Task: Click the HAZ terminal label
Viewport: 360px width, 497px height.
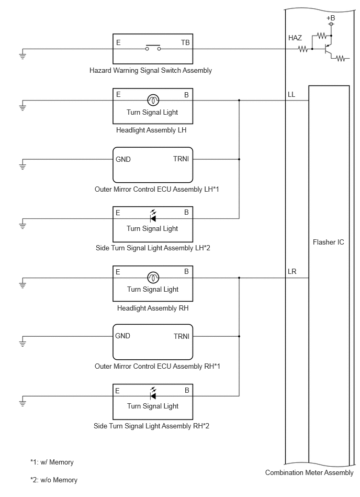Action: pos(295,38)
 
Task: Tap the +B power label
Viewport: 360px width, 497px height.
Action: pos(331,18)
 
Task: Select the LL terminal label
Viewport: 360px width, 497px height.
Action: pos(291,94)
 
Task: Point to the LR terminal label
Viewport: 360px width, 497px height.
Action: pos(292,272)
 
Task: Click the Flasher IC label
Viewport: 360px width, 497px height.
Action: pos(328,242)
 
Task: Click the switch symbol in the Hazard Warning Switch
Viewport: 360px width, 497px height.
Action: pos(153,48)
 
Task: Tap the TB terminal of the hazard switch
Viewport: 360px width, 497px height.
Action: pos(185,42)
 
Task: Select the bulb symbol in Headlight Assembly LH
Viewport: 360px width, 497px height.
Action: pos(153,101)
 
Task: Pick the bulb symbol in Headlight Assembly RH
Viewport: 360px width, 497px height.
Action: pos(153,278)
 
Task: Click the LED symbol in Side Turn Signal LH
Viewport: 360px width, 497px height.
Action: pos(153,216)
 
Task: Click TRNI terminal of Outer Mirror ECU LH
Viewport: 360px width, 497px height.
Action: pos(181,159)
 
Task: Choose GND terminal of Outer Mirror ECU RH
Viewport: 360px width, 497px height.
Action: pos(122,336)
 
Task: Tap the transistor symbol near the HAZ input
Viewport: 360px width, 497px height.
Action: pos(328,49)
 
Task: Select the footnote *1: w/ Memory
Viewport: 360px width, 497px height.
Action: pos(52,462)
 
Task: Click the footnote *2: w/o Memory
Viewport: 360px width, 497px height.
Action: pos(54,480)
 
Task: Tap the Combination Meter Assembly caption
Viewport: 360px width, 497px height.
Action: pos(309,472)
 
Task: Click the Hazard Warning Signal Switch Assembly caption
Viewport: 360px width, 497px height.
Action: pos(151,70)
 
